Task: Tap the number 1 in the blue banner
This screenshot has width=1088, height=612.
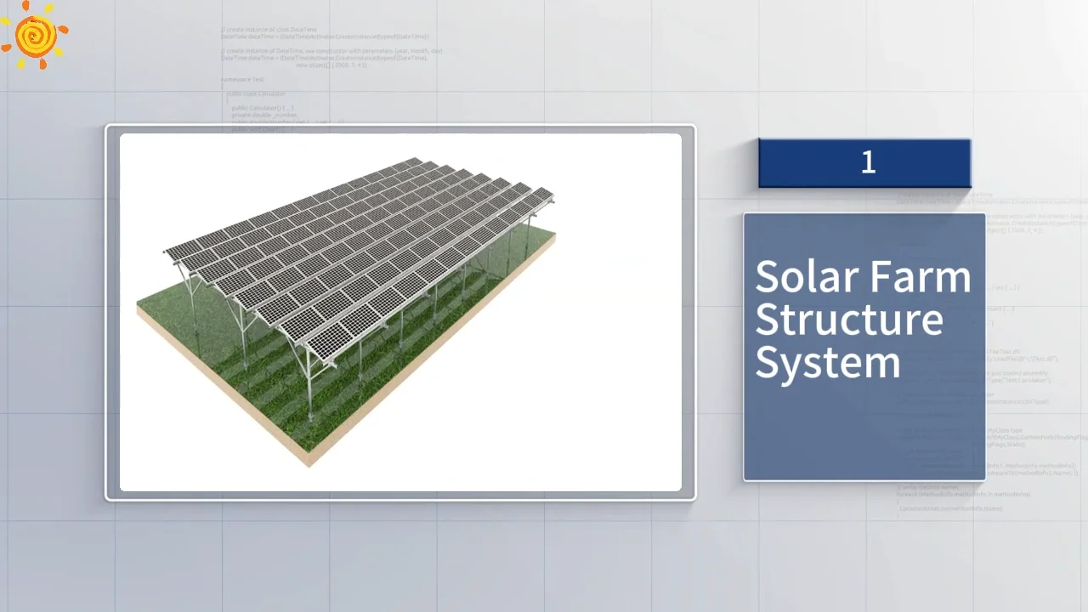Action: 868,162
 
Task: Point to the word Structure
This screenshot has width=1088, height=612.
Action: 848,320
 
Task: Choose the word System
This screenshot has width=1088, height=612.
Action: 827,363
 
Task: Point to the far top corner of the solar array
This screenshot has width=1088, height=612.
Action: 413,158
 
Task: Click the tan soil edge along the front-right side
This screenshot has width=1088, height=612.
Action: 433,357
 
